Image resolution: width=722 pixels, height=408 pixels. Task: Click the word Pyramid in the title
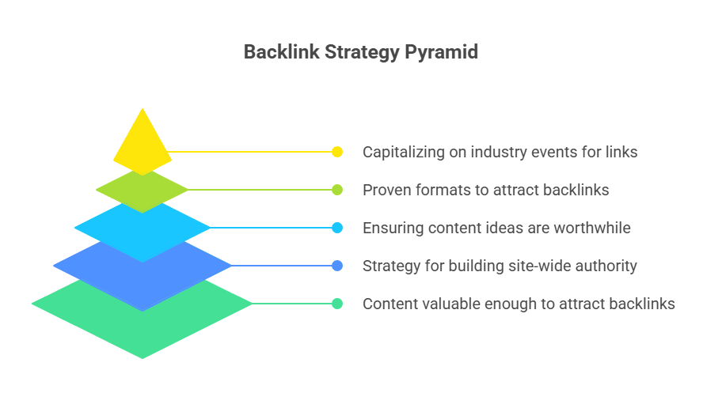(441, 52)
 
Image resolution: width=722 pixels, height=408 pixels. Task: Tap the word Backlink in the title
(281, 51)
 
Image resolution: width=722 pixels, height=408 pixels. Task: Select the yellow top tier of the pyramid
(142, 142)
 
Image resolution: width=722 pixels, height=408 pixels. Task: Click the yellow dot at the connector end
(337, 152)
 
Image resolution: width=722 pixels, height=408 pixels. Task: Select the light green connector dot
(337, 190)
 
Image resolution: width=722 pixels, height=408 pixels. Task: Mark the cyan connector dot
(337, 228)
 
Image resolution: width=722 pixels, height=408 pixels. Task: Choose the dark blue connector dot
(337, 266)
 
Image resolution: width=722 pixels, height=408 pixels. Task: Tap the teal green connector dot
(337, 304)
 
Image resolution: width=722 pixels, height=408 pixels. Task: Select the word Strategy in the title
(362, 52)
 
